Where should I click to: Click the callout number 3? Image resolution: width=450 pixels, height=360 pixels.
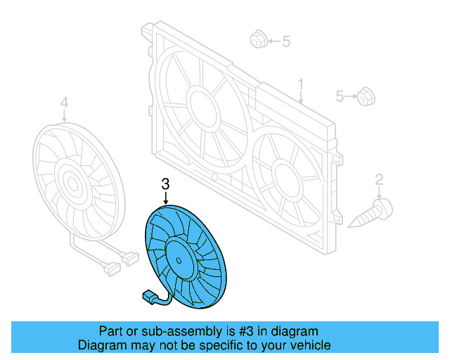pos(166,184)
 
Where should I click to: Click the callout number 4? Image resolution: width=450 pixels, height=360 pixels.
pos(64,105)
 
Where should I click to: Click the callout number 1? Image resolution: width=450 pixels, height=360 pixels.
pos(301,86)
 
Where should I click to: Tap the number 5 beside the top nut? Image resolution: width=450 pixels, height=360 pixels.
pos(286,41)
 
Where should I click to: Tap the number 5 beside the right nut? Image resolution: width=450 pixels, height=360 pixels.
pos(340,96)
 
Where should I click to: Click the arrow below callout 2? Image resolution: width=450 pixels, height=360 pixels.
pos(379,193)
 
